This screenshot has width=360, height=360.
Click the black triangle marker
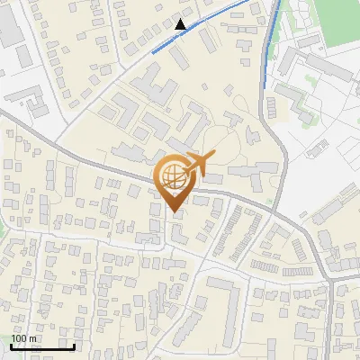pos(181,24)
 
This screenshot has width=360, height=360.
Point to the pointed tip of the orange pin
pos(174,212)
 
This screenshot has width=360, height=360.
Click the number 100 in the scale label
pos(19,338)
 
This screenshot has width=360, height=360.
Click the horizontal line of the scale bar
pos(41,346)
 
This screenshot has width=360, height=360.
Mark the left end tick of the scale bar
pos(11,345)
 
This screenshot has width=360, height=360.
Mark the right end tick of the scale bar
pos(73,345)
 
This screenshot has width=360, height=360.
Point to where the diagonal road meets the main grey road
pos(58,148)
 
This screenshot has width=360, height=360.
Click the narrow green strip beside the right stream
pos(277,27)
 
